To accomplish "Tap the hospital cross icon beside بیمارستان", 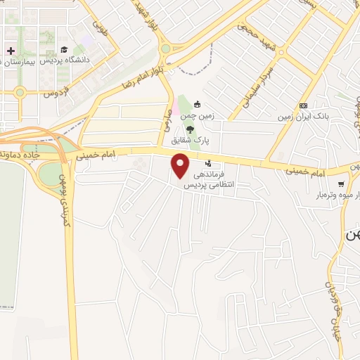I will [x=11, y=51].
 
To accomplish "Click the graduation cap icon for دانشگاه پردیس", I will [x=64, y=50].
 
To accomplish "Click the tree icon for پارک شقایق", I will [x=191, y=129].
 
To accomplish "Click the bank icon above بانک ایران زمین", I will [x=304, y=105].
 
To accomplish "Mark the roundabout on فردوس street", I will [x=20, y=91].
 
